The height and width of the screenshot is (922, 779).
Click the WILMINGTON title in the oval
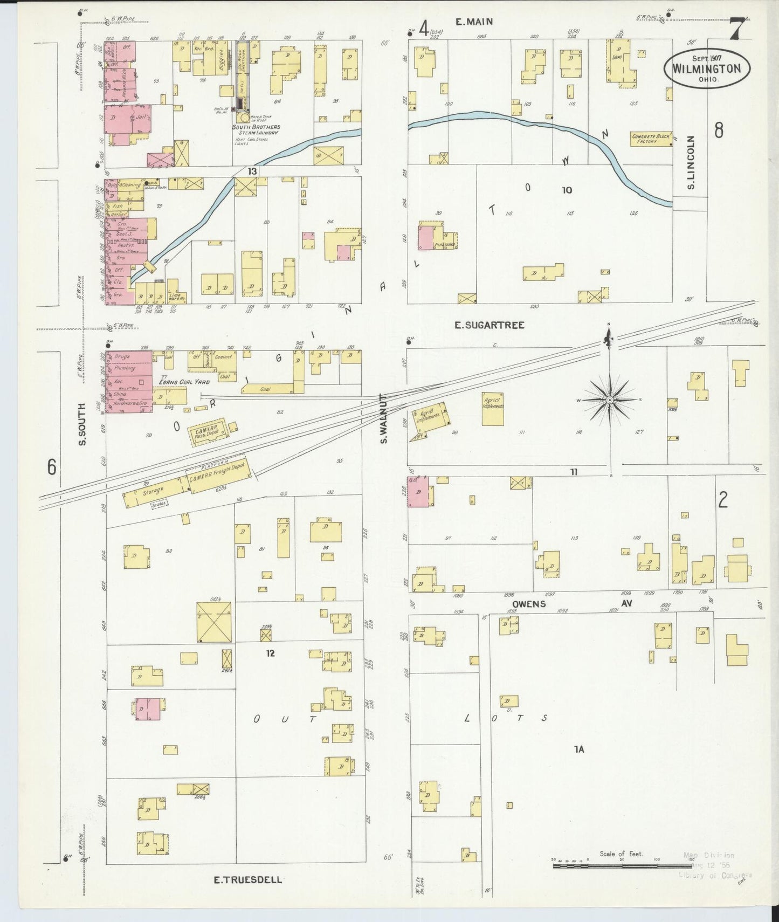706,69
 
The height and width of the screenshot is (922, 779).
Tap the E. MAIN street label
474,22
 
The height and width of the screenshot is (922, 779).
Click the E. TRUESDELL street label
247,880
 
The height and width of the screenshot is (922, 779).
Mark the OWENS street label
529,604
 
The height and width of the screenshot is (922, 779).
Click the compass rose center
609,400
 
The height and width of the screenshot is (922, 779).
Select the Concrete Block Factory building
651,139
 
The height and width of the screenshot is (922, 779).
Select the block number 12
270,653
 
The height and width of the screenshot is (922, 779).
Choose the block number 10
566,190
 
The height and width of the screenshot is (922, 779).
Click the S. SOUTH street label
82,425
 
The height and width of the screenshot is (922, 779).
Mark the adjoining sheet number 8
718,130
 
